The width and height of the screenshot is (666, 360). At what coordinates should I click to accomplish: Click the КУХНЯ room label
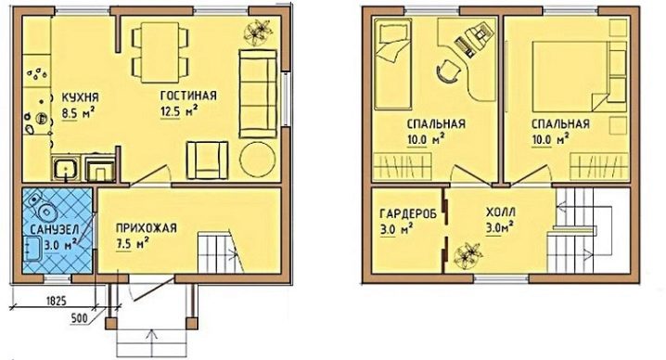(81, 97)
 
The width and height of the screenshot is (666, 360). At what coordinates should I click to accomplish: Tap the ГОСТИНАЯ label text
(188, 96)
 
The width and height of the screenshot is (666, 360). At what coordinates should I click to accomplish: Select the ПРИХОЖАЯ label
(147, 228)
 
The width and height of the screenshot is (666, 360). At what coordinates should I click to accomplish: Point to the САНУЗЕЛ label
(55, 229)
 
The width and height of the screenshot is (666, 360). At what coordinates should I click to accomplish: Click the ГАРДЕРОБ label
(408, 213)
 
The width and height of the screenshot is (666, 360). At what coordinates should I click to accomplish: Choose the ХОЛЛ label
(501, 212)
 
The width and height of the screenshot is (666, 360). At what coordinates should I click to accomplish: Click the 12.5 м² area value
(179, 111)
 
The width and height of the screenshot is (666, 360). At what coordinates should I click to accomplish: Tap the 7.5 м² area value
(132, 244)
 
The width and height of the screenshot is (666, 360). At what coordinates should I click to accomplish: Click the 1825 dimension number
(56, 301)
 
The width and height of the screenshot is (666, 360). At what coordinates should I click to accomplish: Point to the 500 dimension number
(80, 318)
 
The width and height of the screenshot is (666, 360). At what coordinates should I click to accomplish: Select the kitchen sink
(66, 168)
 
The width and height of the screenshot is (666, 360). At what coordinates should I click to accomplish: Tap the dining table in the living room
(160, 52)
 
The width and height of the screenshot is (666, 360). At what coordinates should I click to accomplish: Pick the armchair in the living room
(207, 160)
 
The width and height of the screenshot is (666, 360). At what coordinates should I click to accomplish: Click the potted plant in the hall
(468, 255)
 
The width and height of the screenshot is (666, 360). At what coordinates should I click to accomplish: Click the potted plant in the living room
(258, 32)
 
